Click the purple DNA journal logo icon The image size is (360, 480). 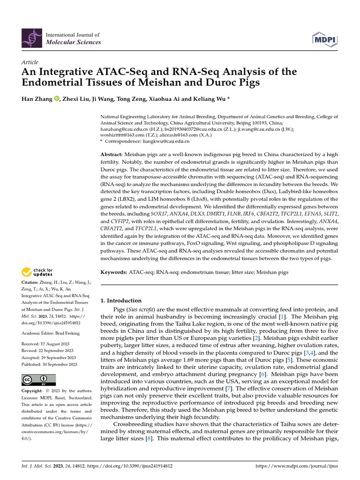[31, 38]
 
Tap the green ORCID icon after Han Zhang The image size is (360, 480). [57, 98]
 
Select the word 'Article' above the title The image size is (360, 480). [30, 62]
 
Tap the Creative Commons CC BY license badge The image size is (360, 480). [38, 380]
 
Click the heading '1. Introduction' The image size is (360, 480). [121, 300]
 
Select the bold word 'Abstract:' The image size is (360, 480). [112, 154]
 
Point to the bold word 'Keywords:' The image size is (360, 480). [114, 272]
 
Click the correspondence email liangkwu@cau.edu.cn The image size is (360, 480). [166, 141]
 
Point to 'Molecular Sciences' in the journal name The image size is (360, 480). [73, 42]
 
